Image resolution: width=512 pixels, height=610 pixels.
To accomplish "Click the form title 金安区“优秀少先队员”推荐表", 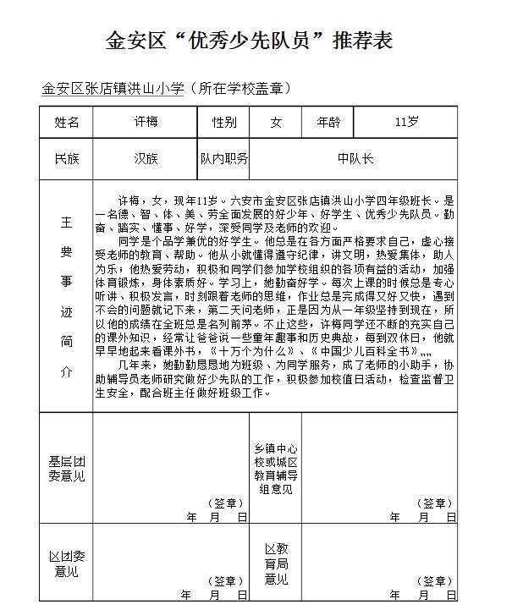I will click(x=249, y=40).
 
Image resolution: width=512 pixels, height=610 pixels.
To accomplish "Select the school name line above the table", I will click(x=166, y=88).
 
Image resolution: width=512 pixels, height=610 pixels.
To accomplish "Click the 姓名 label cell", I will click(x=67, y=122).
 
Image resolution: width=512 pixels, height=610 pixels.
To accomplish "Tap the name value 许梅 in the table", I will click(x=146, y=122).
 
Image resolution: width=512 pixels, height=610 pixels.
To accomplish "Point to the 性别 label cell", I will click(x=224, y=122).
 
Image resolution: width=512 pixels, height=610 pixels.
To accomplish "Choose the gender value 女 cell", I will click(x=276, y=122).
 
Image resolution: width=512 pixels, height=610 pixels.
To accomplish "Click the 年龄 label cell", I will click(x=328, y=122).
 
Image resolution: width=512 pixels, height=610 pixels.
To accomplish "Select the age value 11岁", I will click(x=406, y=122).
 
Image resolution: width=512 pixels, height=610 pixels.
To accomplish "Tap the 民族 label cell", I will click(x=67, y=158).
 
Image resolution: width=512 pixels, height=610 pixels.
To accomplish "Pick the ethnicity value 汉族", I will click(x=146, y=158).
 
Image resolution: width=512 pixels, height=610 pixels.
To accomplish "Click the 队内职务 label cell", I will click(x=224, y=158).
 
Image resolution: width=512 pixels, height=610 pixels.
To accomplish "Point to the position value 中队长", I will click(x=355, y=158).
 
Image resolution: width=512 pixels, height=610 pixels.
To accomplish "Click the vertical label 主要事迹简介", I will click(x=67, y=296).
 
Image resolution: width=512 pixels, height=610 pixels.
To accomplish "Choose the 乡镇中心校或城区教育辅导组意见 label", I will click(x=275, y=468).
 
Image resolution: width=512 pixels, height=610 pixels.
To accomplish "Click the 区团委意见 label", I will click(x=67, y=563).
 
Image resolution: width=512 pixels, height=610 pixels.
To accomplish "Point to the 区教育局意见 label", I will click(x=275, y=563).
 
